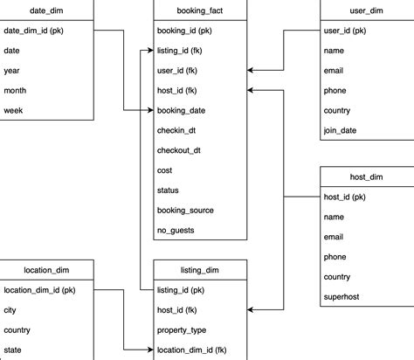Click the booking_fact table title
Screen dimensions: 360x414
coord(200,10)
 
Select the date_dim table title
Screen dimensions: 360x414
coord(45,10)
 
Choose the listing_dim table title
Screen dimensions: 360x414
coord(200,270)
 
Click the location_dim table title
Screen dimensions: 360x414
coord(45,270)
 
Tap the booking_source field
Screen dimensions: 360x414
coord(185,211)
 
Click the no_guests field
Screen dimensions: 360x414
coord(176,231)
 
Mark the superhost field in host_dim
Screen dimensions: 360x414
coord(342,297)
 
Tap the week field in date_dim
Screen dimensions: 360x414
coord(13,110)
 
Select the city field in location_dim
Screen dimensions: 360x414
coord(11,309)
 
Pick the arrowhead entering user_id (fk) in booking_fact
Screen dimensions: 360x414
coord(252,71)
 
